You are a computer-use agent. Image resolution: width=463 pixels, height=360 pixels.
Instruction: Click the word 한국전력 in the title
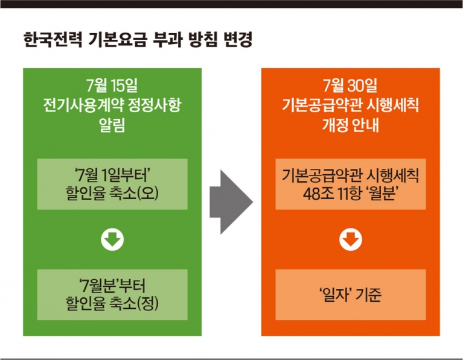(x=53, y=40)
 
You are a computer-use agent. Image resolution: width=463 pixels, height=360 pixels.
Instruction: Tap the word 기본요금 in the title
(x=118, y=40)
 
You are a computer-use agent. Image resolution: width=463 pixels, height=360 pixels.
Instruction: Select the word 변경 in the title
(x=238, y=40)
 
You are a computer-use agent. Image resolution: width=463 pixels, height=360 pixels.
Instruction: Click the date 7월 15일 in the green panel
(x=112, y=85)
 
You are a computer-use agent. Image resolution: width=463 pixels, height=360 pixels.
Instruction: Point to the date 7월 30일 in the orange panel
(x=350, y=85)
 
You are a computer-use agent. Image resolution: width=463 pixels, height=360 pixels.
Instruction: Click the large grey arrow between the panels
(x=231, y=202)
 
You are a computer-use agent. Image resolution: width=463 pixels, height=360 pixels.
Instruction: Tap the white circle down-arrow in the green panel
(x=112, y=239)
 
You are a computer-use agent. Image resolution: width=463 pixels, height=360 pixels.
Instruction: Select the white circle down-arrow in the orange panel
(x=351, y=239)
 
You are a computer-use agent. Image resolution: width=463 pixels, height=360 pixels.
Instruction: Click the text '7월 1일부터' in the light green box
(x=112, y=175)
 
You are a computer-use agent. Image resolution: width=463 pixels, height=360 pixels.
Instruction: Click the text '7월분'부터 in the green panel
(x=112, y=286)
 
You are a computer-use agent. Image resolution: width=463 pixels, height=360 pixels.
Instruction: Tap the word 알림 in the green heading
(x=112, y=125)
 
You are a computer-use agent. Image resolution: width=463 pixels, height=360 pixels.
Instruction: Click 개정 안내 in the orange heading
(x=350, y=125)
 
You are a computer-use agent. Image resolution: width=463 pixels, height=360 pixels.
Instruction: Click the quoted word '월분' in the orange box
(x=382, y=194)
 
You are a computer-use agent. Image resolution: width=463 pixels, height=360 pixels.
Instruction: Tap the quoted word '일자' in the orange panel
(x=335, y=295)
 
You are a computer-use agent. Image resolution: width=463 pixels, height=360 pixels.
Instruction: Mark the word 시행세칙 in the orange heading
(x=392, y=105)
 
